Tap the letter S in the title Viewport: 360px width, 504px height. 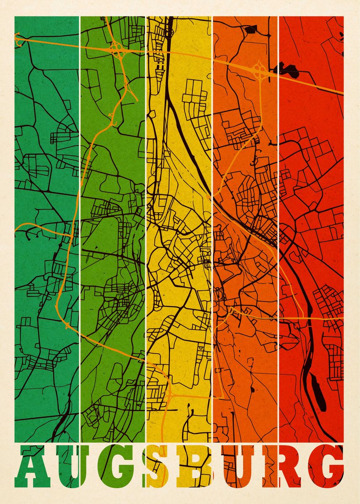point(160,467)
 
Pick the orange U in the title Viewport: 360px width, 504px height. point(240,467)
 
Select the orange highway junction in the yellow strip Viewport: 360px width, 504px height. point(170,394)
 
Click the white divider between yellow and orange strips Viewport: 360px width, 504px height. point(212,210)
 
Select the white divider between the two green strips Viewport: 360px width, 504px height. point(80,210)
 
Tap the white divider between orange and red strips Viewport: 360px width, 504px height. point(278,210)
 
